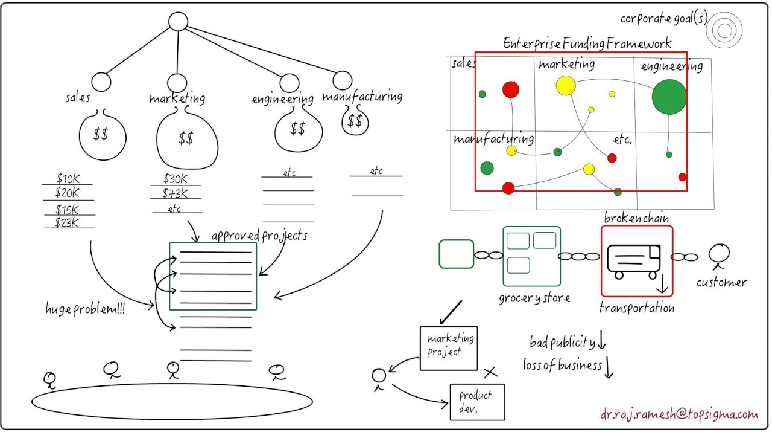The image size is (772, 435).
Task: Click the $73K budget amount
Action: pyautogui.click(x=175, y=193)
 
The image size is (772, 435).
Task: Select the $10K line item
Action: pyautogui.click(x=67, y=179)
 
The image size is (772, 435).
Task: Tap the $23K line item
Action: pyautogui.click(x=68, y=222)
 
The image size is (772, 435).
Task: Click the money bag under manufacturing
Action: pyautogui.click(x=355, y=121)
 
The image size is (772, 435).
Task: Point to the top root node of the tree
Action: pyautogui.click(x=178, y=22)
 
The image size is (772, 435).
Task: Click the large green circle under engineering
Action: pyautogui.click(x=669, y=97)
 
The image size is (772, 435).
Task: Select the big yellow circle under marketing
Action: pyautogui.click(x=566, y=86)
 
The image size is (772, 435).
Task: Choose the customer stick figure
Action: pyautogui.click(x=719, y=256)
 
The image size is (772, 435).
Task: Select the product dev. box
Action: pyautogui.click(x=477, y=402)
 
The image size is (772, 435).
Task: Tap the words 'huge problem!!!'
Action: pyautogui.click(x=86, y=309)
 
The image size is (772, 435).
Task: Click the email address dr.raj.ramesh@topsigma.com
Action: pyautogui.click(x=679, y=414)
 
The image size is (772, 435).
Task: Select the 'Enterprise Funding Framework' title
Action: pyautogui.click(x=587, y=43)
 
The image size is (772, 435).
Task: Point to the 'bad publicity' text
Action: pyautogui.click(x=562, y=343)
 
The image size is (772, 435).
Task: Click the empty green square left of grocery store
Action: pyautogui.click(x=457, y=254)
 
